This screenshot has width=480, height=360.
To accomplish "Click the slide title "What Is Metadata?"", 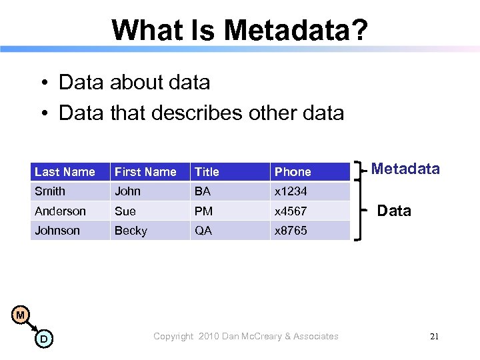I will click(x=239, y=30).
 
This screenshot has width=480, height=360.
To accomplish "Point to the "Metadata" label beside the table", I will click(x=405, y=169).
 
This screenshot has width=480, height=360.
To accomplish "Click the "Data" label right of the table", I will click(x=394, y=211).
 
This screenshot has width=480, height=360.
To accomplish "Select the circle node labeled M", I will click(x=21, y=315).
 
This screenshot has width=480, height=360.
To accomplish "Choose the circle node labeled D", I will click(x=43, y=339).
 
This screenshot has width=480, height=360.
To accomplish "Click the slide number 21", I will click(x=434, y=337).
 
